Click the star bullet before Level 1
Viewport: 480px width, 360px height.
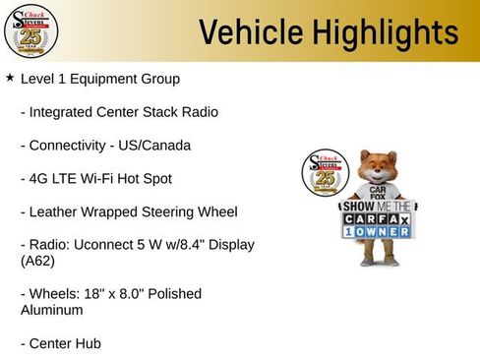[x=10, y=77]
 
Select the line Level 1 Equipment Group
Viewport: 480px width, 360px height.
[x=99, y=78]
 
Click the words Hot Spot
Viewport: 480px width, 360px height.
[x=149, y=179]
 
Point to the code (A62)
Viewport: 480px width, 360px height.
[x=37, y=262]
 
